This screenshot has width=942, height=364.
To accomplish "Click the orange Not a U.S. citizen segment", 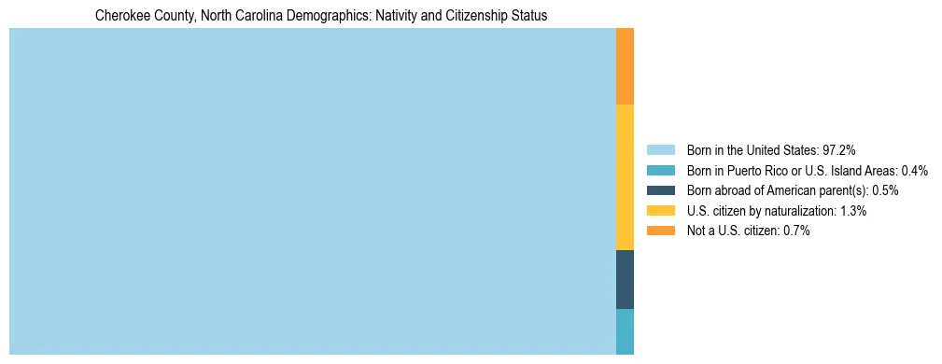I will (625, 65).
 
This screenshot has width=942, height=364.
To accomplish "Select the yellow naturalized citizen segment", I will (625, 176).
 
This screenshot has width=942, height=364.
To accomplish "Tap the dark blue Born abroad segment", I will (625, 279).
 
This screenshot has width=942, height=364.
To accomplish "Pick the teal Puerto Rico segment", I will (625, 331).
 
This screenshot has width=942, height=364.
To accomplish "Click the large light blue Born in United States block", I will (312, 191).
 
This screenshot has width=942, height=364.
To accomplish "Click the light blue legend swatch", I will (660, 149).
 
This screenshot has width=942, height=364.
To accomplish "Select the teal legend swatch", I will (660, 170).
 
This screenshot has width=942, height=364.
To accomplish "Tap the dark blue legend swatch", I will (660, 190).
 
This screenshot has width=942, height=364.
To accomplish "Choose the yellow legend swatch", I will (660, 211).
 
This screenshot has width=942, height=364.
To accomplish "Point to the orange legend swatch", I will (660, 231).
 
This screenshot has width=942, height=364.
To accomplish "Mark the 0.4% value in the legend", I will (915, 170).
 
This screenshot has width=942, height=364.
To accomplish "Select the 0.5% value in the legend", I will (885, 190).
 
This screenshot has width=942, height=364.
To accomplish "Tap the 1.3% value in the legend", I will (852, 211).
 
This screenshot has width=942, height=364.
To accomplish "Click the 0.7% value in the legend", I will (795, 231).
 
